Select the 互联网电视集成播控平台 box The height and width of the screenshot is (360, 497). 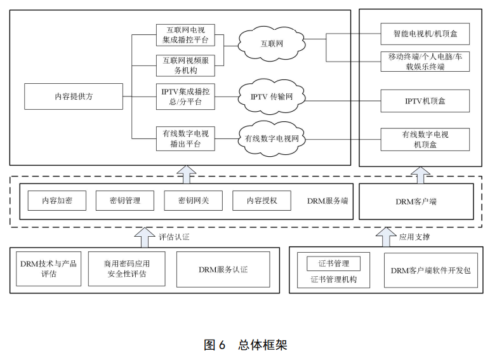tap(185, 35)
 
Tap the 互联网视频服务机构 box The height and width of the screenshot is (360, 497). tap(185, 65)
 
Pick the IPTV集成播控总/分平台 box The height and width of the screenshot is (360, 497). tap(185, 97)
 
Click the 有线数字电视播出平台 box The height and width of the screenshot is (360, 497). tap(185, 138)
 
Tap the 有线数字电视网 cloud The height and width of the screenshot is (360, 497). tap(272, 138)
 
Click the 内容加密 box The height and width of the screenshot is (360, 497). tap(56, 201)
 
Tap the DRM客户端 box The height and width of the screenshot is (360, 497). tap(416, 201)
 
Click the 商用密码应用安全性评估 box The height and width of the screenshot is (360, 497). tap(126, 269)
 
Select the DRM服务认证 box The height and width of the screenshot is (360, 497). tap(223, 269)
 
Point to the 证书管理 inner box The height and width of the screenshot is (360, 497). tap(333, 263)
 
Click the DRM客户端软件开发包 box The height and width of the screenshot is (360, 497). tap(430, 270)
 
